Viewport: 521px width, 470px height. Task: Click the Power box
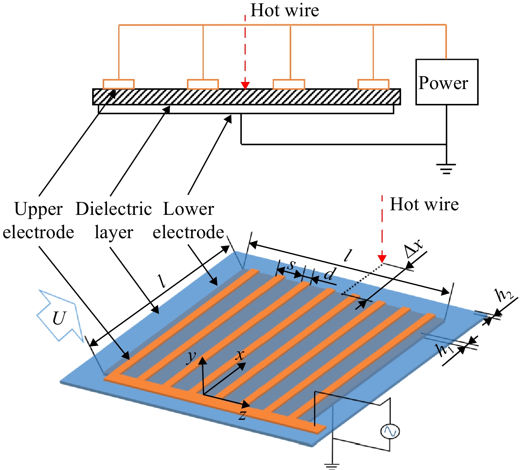(x=447, y=82)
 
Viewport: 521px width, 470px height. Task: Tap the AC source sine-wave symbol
(x=390, y=431)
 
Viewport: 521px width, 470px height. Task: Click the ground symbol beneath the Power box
(x=446, y=169)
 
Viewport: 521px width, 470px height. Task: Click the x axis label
(x=240, y=354)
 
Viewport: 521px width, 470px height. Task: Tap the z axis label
(x=242, y=415)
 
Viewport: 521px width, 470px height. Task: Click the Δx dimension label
(x=413, y=249)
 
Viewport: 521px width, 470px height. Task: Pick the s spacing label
(x=292, y=265)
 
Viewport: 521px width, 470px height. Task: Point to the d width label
(x=330, y=274)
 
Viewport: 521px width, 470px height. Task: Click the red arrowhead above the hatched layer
(x=245, y=86)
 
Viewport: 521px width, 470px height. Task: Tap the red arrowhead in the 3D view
(x=382, y=259)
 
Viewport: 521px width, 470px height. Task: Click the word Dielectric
(x=114, y=209)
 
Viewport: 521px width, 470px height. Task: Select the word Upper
(x=38, y=210)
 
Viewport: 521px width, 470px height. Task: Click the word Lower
(x=188, y=209)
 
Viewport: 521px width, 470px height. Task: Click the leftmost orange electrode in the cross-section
(x=119, y=84)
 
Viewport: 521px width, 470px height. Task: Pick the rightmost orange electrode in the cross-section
(x=373, y=84)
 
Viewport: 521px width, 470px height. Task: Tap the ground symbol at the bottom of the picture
(x=332, y=466)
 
